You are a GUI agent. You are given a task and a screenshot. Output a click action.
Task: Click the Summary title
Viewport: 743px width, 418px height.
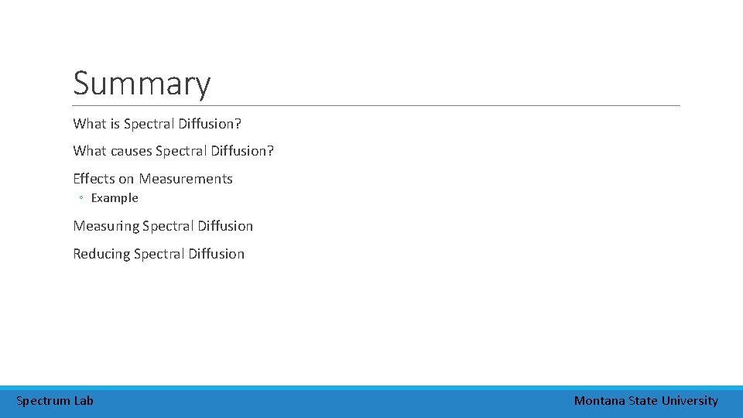pyautogui.click(x=142, y=84)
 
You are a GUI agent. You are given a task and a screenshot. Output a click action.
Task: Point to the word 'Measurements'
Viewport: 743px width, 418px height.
pyautogui.click(x=186, y=179)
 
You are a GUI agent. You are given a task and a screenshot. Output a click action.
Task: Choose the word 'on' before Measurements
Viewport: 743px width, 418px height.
pyautogui.click(x=126, y=179)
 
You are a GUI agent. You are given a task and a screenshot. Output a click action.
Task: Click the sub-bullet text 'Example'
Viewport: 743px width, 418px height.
pyautogui.click(x=115, y=198)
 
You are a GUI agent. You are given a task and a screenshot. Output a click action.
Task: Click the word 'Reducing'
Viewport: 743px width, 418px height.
pyautogui.click(x=101, y=254)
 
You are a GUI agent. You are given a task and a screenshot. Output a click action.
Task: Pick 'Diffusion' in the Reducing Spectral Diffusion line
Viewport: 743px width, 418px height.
pyautogui.click(x=216, y=254)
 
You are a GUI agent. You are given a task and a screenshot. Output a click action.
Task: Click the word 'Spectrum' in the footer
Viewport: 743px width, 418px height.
pyautogui.click(x=43, y=401)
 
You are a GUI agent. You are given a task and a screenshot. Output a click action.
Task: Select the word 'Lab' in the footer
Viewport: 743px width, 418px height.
pyautogui.click(x=84, y=401)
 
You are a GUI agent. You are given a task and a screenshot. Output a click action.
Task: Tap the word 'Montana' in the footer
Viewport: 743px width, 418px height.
pyautogui.click(x=599, y=401)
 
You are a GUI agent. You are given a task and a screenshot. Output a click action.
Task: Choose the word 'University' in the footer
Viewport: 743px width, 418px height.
pyautogui.click(x=690, y=401)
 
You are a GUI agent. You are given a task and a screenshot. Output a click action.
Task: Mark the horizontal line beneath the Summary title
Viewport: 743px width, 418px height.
pyautogui.click(x=376, y=105)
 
